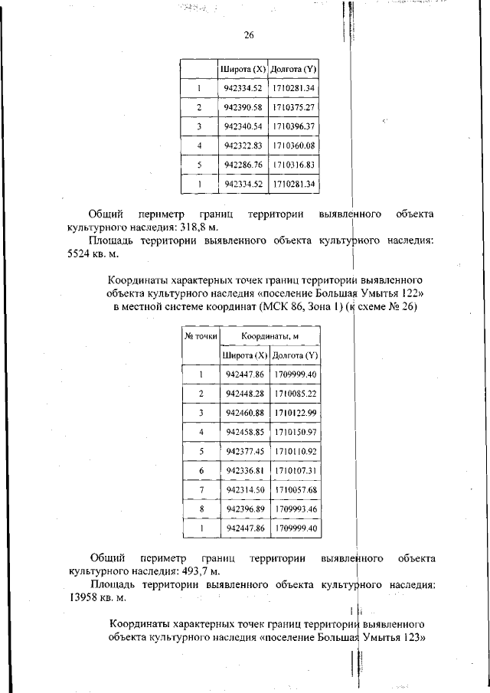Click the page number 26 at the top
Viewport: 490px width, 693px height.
[249, 34]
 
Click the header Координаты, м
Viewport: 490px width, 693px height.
[269, 336]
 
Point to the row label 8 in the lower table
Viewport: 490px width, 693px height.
[201, 510]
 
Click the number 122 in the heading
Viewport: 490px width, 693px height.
[410, 293]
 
